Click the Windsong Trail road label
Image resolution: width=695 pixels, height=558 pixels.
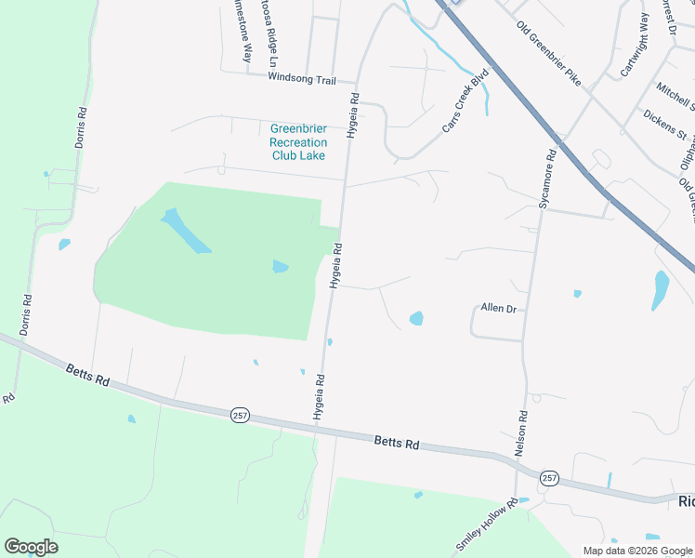[x=301, y=80]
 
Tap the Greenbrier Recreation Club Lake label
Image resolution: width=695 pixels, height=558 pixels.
[x=298, y=142]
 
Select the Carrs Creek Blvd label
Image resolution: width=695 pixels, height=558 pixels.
[x=465, y=101]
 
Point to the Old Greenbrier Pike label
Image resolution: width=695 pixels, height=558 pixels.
[x=548, y=54]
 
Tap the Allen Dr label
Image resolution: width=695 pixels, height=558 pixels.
[x=498, y=307]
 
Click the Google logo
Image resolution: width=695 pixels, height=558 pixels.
[x=31, y=547]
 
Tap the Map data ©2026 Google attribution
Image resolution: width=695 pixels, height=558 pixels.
[x=636, y=551]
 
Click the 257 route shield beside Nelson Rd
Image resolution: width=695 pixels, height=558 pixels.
[x=549, y=478]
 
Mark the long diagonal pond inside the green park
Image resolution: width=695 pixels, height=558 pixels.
[x=186, y=232]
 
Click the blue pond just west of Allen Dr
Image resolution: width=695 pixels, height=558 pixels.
[x=416, y=318]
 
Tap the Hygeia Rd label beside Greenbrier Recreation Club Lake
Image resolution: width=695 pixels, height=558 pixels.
[x=352, y=115]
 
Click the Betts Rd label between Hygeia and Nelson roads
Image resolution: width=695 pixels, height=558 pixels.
[x=398, y=442]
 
